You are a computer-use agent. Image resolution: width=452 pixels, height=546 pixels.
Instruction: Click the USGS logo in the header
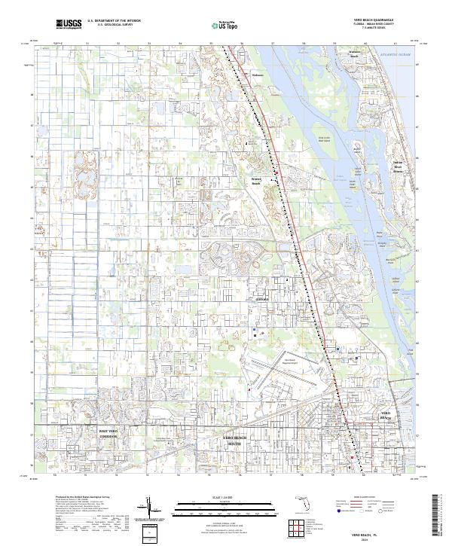coord(69,24)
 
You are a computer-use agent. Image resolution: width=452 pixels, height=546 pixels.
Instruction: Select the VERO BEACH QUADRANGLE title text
coord(376,20)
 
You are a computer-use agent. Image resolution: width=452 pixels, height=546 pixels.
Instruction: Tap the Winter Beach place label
coord(255,181)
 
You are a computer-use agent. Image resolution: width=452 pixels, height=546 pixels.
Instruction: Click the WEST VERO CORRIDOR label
coord(108,432)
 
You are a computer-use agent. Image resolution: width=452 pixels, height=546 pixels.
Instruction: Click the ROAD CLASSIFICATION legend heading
coord(365,497)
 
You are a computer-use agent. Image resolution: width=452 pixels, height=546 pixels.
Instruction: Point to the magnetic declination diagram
coord(151,510)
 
